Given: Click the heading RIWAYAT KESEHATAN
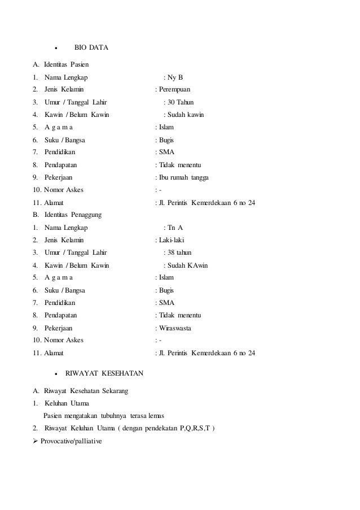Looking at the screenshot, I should tap(104, 373).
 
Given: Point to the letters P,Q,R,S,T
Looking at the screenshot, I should tap(194, 428).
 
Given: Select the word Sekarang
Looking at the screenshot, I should tap(115, 391).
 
